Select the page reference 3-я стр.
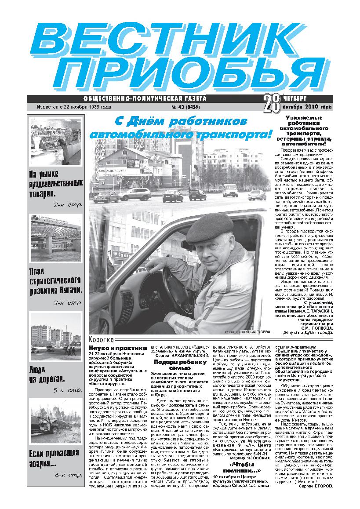point(67,302)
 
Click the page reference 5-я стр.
point(67,390)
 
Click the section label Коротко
point(102,339)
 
